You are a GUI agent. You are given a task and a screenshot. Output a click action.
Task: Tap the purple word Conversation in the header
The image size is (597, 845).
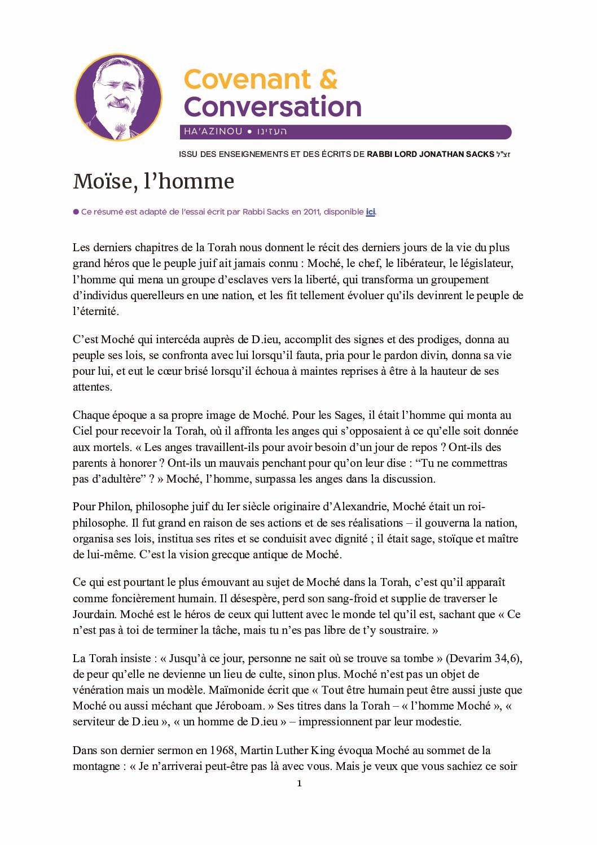(x=273, y=106)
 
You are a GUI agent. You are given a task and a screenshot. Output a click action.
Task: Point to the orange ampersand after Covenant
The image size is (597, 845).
(x=328, y=80)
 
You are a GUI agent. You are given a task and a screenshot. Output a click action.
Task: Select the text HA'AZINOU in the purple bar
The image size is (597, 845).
(x=212, y=132)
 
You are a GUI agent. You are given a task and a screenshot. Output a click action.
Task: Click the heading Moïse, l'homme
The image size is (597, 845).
(x=153, y=182)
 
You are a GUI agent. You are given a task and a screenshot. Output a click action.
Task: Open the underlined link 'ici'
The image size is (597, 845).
(x=371, y=212)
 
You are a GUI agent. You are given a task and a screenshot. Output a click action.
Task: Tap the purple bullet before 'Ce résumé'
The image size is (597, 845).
(x=76, y=212)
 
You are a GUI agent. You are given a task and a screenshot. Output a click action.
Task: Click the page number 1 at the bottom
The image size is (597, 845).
(x=300, y=783)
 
